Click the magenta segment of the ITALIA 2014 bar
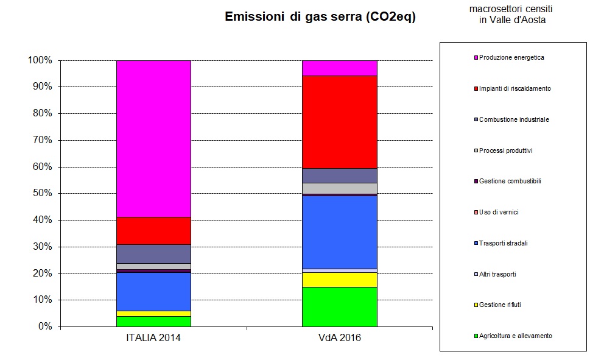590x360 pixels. click(x=153, y=138)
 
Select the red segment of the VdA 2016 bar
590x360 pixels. click(x=340, y=122)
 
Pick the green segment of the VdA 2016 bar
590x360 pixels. click(x=340, y=306)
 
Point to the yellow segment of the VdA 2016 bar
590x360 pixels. click(x=340, y=280)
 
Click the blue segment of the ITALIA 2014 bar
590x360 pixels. click(x=153, y=291)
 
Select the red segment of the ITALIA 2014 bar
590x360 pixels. click(x=153, y=230)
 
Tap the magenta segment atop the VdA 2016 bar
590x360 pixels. click(x=340, y=68)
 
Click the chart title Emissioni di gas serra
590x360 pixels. click(x=320, y=17)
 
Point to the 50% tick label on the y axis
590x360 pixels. click(x=40, y=194)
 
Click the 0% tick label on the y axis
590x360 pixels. click(x=44, y=326)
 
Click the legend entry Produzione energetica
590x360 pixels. click(x=511, y=57)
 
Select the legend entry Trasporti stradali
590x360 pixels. click(x=503, y=243)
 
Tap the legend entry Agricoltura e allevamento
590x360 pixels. click(x=515, y=336)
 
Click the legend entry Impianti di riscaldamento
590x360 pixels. click(x=514, y=88)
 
